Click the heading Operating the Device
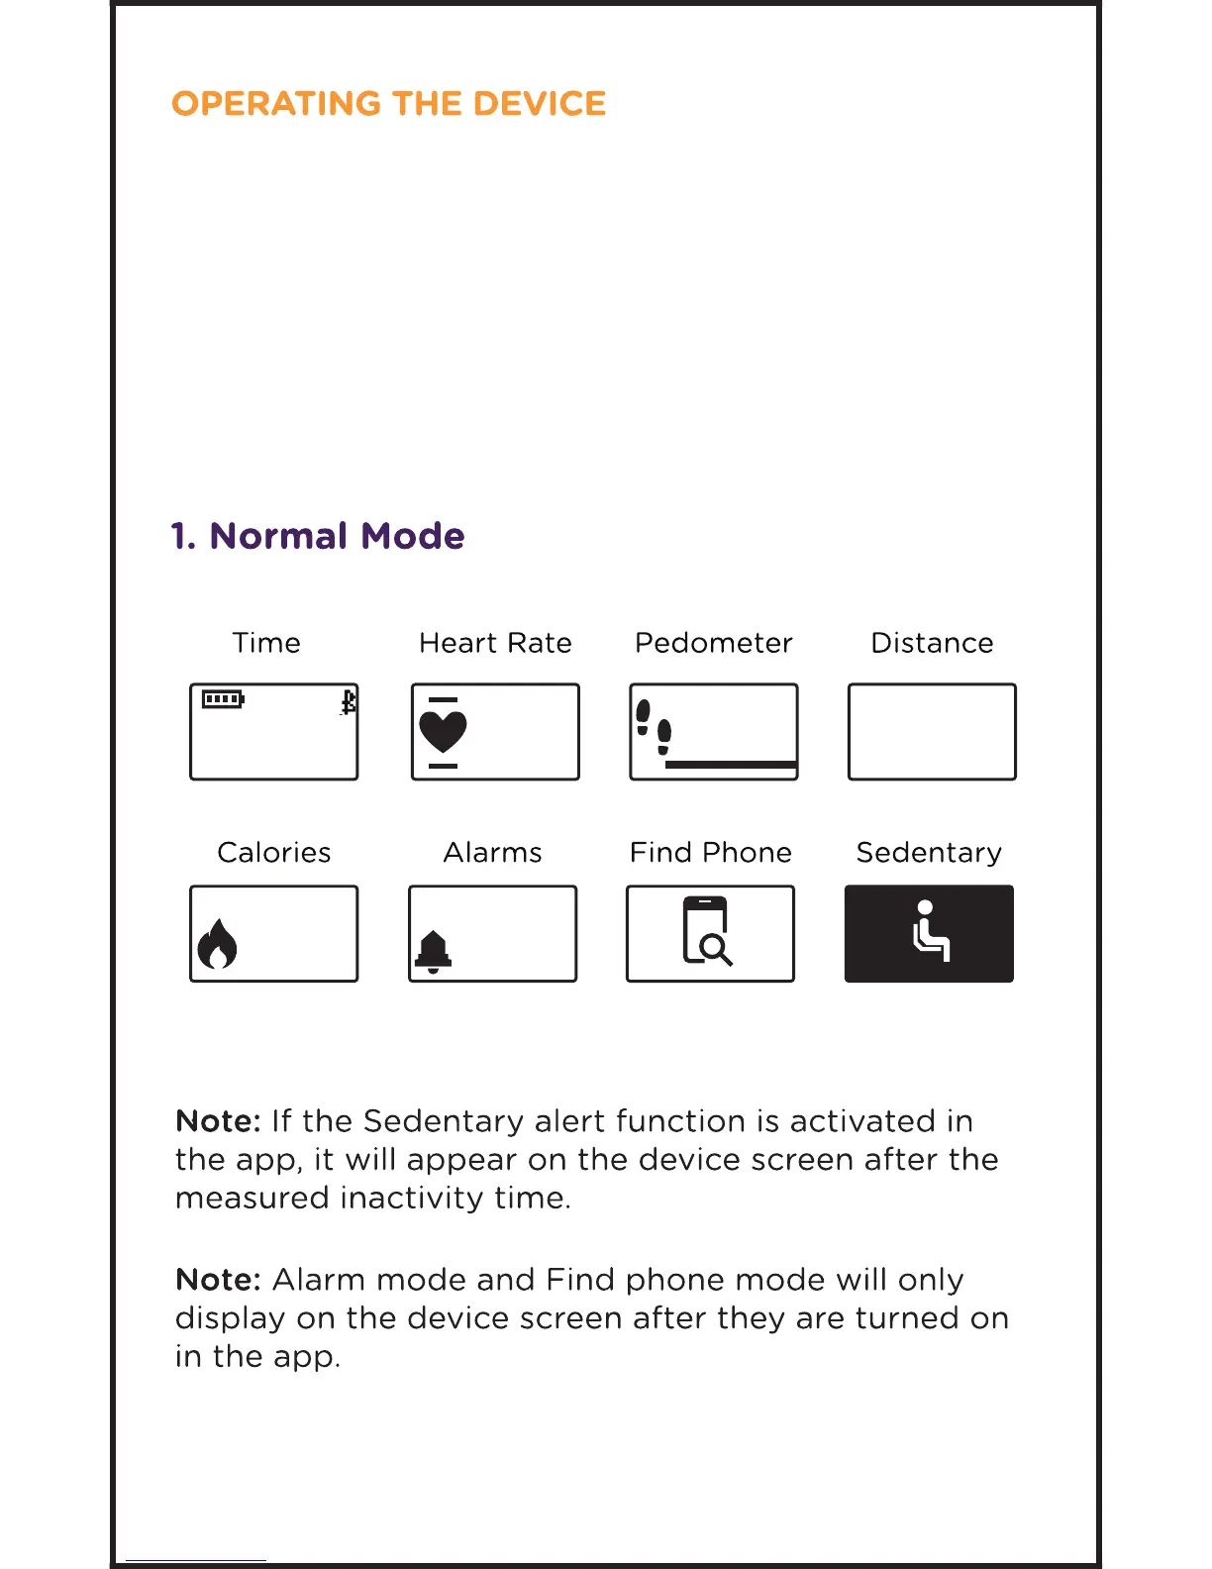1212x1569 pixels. click(388, 104)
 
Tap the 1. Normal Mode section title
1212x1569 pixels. click(318, 536)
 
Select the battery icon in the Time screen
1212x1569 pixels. click(223, 700)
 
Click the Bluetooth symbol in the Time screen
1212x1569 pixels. click(348, 702)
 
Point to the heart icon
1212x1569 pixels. click(443, 732)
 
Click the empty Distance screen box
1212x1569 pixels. click(932, 732)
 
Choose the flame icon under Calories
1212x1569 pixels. click(217, 943)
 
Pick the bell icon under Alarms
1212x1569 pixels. click(433, 951)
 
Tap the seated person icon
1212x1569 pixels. click(930, 931)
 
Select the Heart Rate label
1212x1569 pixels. click(495, 644)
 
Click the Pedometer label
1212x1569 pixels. click(713, 644)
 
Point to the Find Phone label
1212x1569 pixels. click(710, 853)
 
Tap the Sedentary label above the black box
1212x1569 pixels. click(929, 853)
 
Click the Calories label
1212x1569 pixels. click(273, 853)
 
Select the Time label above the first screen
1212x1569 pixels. click(266, 644)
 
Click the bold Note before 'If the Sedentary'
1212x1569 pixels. click(218, 1121)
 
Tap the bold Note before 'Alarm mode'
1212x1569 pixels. click(218, 1280)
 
